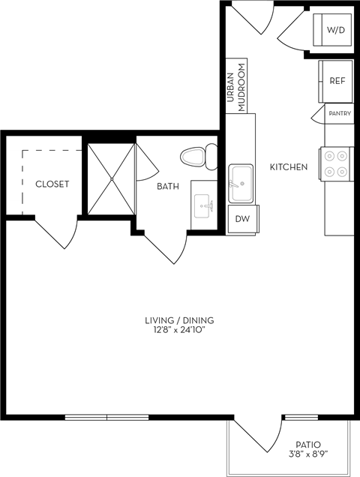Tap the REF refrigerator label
coord(337,79)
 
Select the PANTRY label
coord(340,113)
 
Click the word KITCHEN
coord(289,166)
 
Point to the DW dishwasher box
coord(241,219)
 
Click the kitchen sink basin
coord(241,183)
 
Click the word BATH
coord(167,187)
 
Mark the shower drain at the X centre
coord(111,178)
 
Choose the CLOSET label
coord(52,184)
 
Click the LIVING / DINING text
coord(175,321)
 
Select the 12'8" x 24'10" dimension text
coord(175,330)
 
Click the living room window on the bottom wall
coord(106,417)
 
